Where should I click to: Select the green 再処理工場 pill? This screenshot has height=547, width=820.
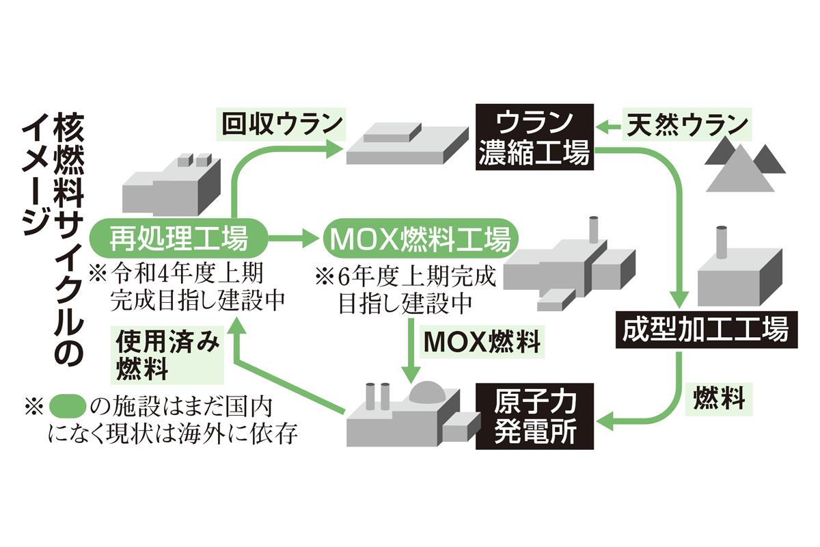(x=179, y=239)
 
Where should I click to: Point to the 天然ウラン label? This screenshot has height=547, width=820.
(x=687, y=125)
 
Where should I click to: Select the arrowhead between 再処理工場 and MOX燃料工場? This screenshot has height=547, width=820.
(x=312, y=239)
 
